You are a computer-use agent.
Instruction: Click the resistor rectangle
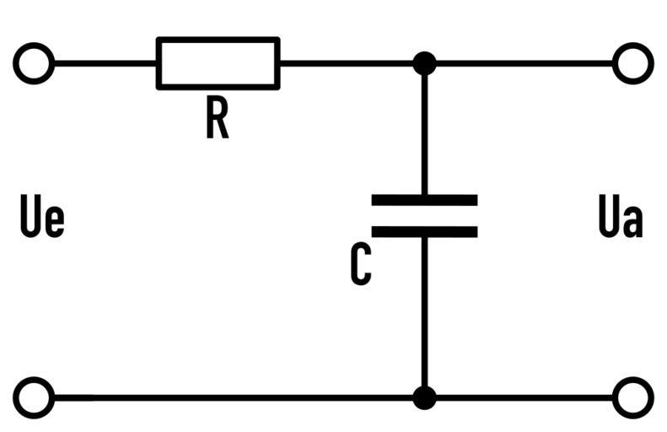tap(218, 63)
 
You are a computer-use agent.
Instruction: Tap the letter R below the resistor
tap(217, 120)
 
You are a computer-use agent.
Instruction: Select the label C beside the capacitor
tap(361, 265)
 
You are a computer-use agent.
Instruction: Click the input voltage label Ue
tap(41, 219)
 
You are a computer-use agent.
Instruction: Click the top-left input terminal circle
tap(34, 63)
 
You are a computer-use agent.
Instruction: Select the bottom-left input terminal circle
tap(34, 397)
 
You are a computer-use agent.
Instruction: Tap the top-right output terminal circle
tap(632, 63)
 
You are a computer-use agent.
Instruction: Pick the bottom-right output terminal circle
tap(632, 397)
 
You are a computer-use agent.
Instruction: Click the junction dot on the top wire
tap(424, 63)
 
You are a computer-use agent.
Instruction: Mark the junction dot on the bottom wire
tap(424, 397)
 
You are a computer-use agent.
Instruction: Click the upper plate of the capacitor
tap(424, 200)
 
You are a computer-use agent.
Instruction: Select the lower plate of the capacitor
tap(424, 231)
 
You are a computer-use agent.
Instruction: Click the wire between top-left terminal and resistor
tap(105, 63)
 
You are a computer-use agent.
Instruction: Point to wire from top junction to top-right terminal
tap(523, 63)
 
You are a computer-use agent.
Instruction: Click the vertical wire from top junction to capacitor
tap(424, 131)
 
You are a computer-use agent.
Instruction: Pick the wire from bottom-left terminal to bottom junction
tap(228, 397)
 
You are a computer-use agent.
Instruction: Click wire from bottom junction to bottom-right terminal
tap(523, 397)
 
